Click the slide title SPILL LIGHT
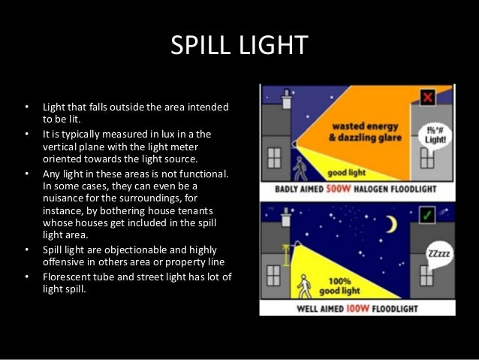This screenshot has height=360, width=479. [239, 46]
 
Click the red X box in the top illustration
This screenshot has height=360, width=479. [428, 98]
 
